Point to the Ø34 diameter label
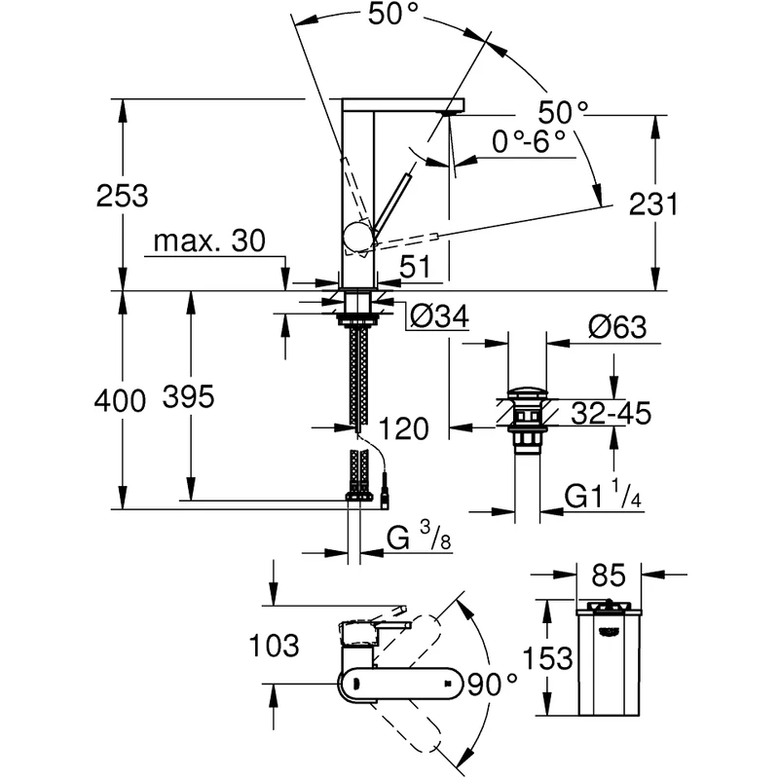pyautogui.click(x=439, y=315)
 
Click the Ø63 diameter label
pyautogui.click(x=617, y=326)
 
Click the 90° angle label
pyautogui.click(x=492, y=685)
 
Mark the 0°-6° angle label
pyautogui.click(x=529, y=141)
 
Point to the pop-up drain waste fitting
pyautogui.click(x=528, y=419)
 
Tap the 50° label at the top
pyautogui.click(x=394, y=15)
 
